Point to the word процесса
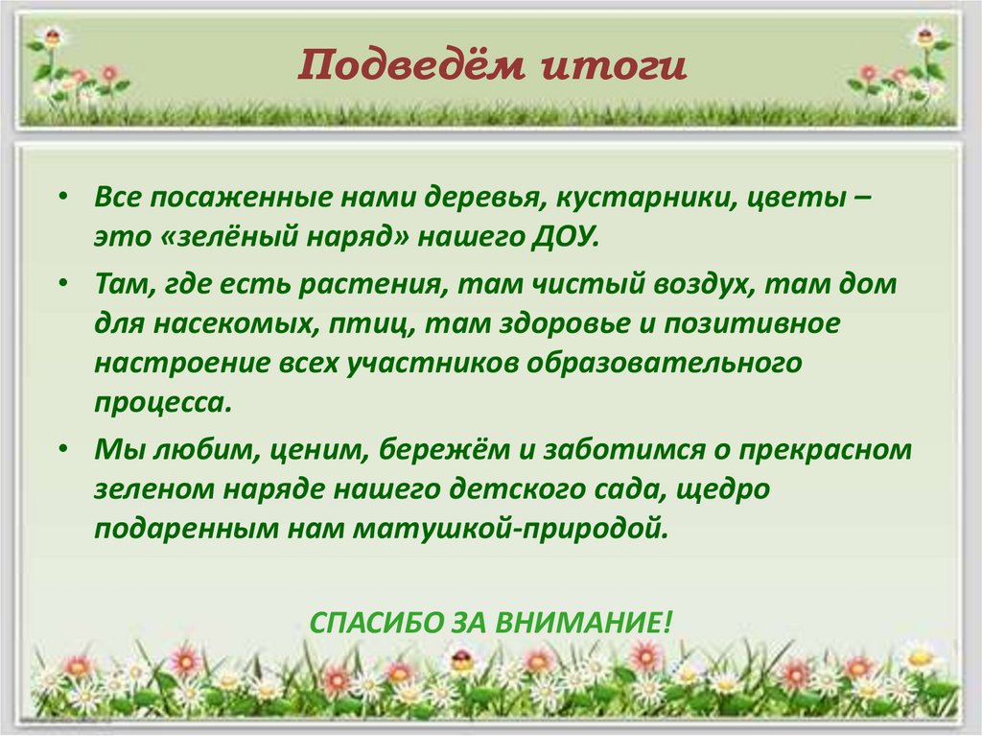pyautogui.click(x=163, y=402)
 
